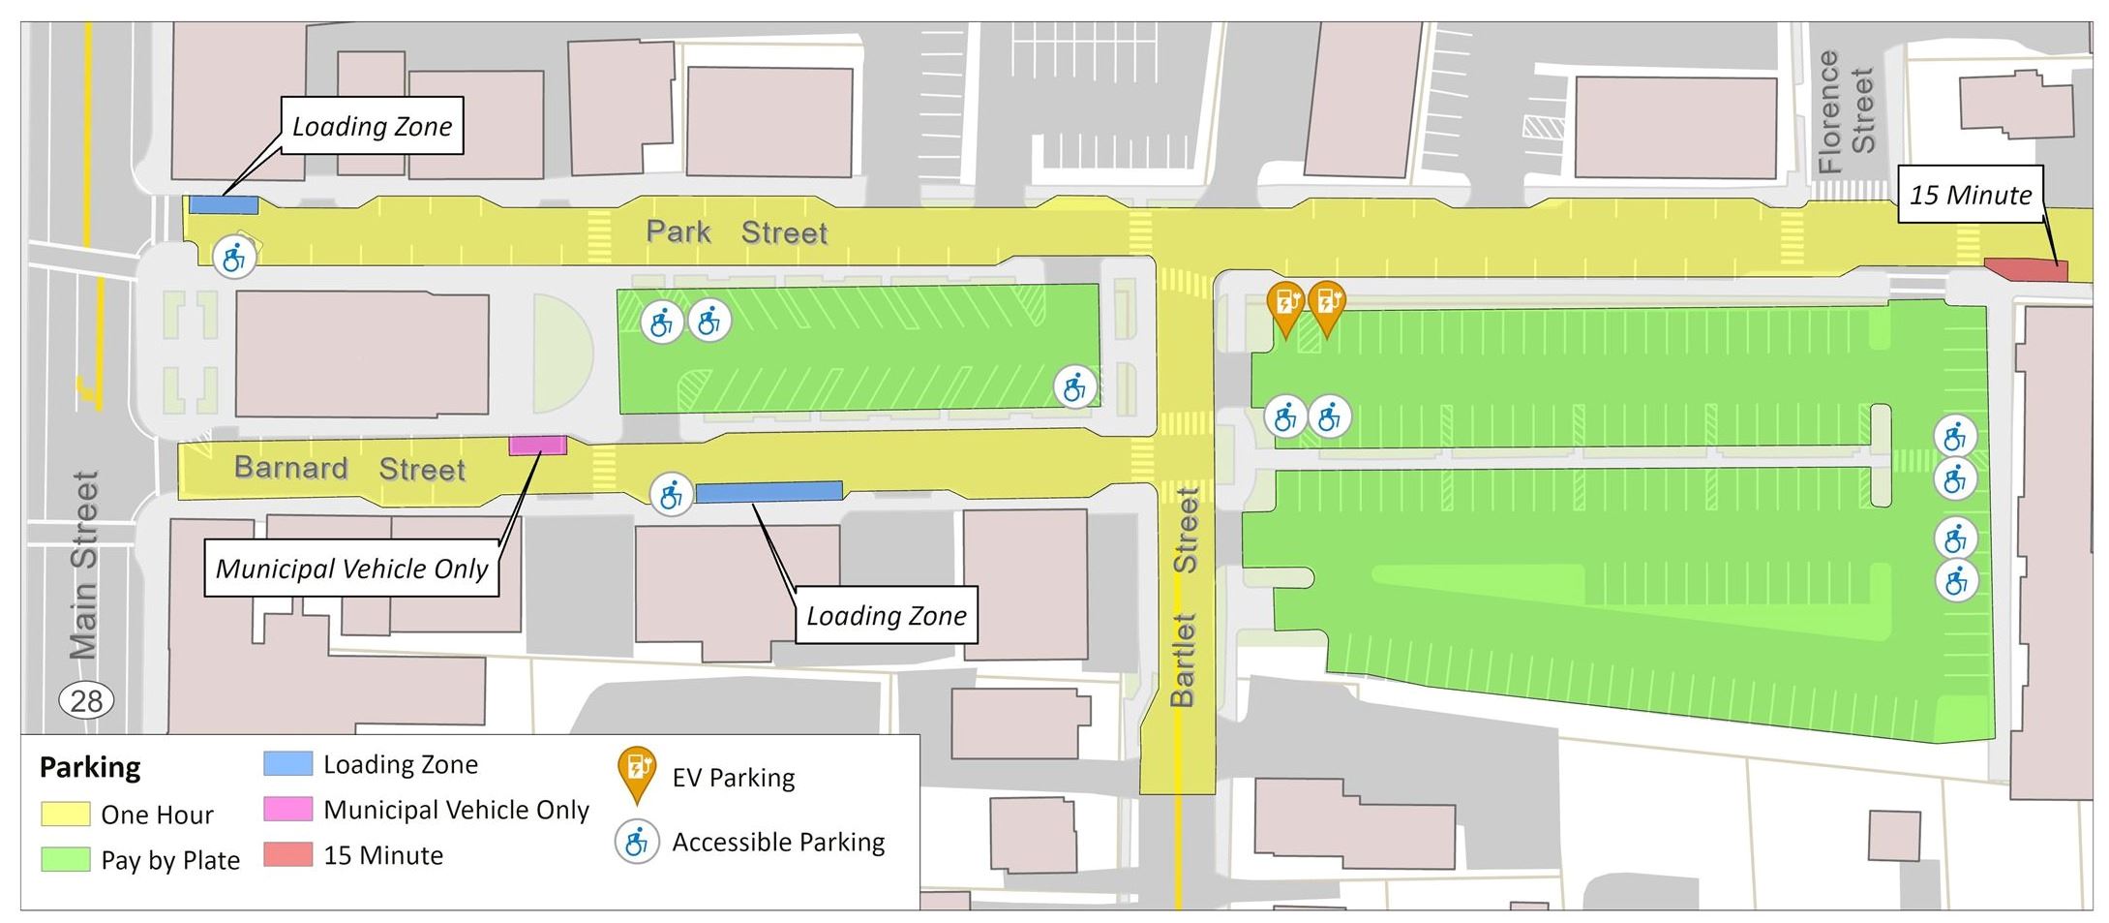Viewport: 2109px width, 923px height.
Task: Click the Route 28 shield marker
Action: pos(87,699)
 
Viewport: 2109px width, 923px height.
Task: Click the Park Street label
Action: pos(737,232)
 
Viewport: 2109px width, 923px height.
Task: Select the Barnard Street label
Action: pos(349,469)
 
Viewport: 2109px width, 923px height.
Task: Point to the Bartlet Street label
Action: pos(1184,596)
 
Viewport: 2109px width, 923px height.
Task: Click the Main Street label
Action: pos(85,566)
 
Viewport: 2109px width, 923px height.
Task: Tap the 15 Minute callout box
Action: pos(1970,195)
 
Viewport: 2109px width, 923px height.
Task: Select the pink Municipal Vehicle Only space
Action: pos(537,445)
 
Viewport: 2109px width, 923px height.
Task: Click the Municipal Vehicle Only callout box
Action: pos(352,568)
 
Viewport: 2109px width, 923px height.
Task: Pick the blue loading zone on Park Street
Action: pos(224,204)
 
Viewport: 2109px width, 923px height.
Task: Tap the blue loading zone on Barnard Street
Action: pos(768,492)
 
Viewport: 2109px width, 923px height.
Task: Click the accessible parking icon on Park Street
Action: pos(234,258)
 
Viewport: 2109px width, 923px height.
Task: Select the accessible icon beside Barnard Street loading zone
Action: pos(670,496)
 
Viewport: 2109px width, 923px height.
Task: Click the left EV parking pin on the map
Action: pos(1285,304)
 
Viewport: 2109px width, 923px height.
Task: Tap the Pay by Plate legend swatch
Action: pos(65,859)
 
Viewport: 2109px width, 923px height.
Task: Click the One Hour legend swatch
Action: pos(65,814)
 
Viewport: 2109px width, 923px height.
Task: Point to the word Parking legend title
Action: pos(90,768)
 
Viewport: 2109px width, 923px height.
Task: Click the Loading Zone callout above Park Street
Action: pos(372,126)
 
